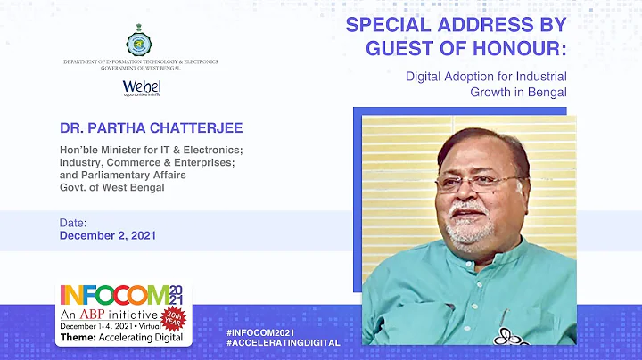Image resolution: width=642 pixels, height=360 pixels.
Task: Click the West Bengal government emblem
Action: point(140,42)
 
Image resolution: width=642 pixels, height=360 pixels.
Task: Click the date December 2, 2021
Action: point(107,236)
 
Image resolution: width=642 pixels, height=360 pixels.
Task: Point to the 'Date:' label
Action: point(73,222)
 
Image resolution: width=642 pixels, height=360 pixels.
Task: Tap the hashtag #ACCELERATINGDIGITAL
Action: point(284,342)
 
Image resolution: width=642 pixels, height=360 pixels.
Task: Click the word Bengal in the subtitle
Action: point(547,91)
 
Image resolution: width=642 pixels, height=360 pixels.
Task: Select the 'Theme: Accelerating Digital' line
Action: point(122,338)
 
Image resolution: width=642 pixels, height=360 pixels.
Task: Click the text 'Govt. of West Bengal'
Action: point(111,187)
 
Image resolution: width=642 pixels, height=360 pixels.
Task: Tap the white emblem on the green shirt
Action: point(508,336)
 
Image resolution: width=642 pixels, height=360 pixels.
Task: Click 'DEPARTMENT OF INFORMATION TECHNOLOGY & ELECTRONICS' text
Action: point(140,62)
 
